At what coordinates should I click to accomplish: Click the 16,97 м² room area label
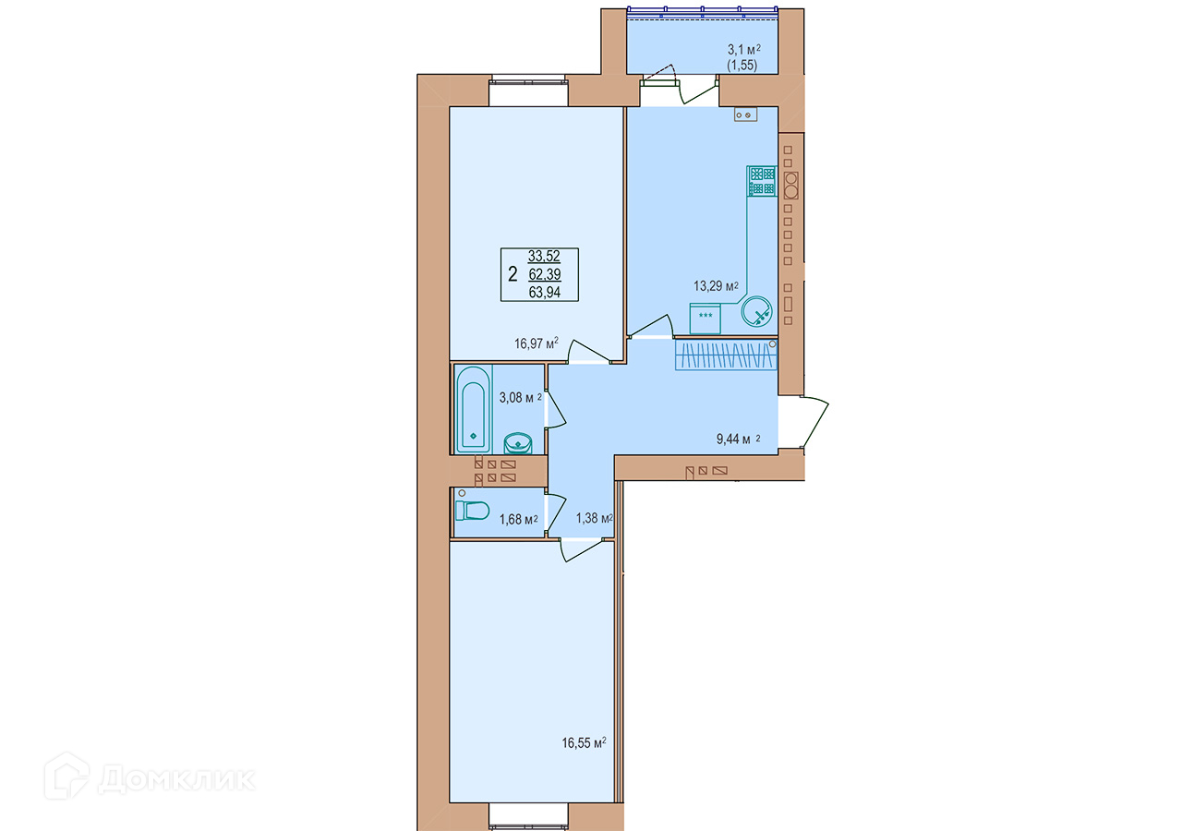pos(537,343)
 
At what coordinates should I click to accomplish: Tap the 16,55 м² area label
pos(584,743)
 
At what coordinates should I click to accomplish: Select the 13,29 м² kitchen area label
pos(716,286)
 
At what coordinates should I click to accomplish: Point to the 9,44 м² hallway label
pos(738,439)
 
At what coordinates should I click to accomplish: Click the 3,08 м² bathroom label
pos(520,397)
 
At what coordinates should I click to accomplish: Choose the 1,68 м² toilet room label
pos(518,520)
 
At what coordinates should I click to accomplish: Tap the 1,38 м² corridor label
pos(594,518)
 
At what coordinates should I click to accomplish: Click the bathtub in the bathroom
pos(474,409)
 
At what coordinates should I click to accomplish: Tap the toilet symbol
pos(473,511)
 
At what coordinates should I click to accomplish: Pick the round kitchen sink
pos(756,311)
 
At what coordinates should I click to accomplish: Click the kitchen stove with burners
pos(762,181)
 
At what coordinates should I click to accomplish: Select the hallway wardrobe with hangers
pos(726,355)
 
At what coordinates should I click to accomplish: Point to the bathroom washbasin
pos(518,444)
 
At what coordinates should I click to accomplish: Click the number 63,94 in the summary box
pos(545,292)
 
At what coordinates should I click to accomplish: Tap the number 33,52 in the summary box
pos(544,256)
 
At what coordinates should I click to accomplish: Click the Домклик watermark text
pos(176,778)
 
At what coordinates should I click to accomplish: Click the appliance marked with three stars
pos(705,319)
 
